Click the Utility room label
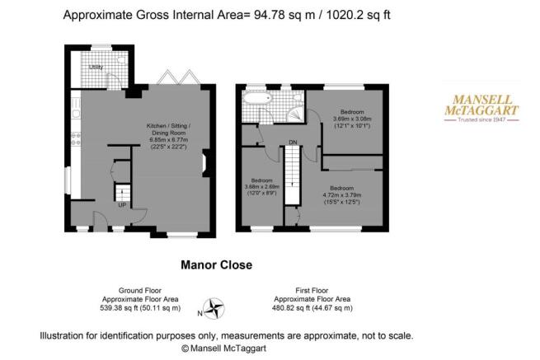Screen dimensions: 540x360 tap(96, 67)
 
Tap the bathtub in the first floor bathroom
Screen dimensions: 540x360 tap(257, 98)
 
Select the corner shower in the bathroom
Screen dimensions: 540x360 tap(296, 114)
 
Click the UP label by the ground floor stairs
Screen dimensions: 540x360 tap(122, 205)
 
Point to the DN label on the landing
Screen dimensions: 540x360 tap(293, 143)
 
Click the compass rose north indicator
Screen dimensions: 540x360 tap(213, 309)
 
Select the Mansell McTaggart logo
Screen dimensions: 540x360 tap(481, 108)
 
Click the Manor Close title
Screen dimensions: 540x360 tap(217, 264)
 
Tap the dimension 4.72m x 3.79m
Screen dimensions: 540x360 tap(342, 195)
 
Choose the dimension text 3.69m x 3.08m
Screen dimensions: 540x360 tap(352, 119)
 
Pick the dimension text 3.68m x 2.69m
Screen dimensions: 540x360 tap(261, 187)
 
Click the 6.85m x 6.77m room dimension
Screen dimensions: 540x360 tap(169, 140)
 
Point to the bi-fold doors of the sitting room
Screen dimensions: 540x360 tap(178, 77)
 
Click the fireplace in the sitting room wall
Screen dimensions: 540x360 tap(205, 163)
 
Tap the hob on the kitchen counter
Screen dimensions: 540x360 tap(76, 138)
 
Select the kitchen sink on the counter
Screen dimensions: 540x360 tap(76, 108)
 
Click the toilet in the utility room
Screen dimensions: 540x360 tap(121, 60)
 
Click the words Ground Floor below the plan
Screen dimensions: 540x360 tap(140, 291)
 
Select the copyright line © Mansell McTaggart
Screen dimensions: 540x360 tap(224, 348)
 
